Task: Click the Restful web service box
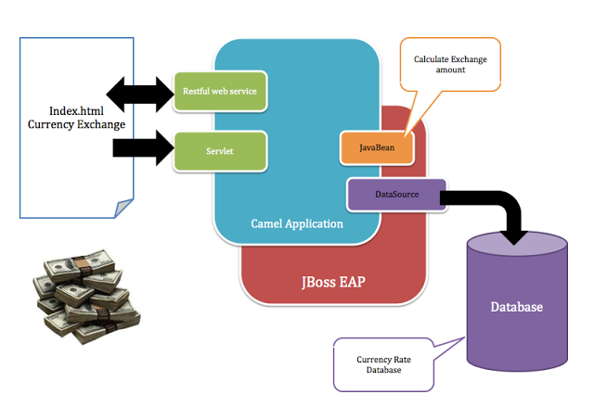221,91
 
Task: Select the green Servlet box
221,149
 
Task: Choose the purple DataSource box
396,195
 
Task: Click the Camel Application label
297,223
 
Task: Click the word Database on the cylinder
516,307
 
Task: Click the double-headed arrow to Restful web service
139,92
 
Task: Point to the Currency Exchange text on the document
75,123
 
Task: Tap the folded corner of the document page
121,209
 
